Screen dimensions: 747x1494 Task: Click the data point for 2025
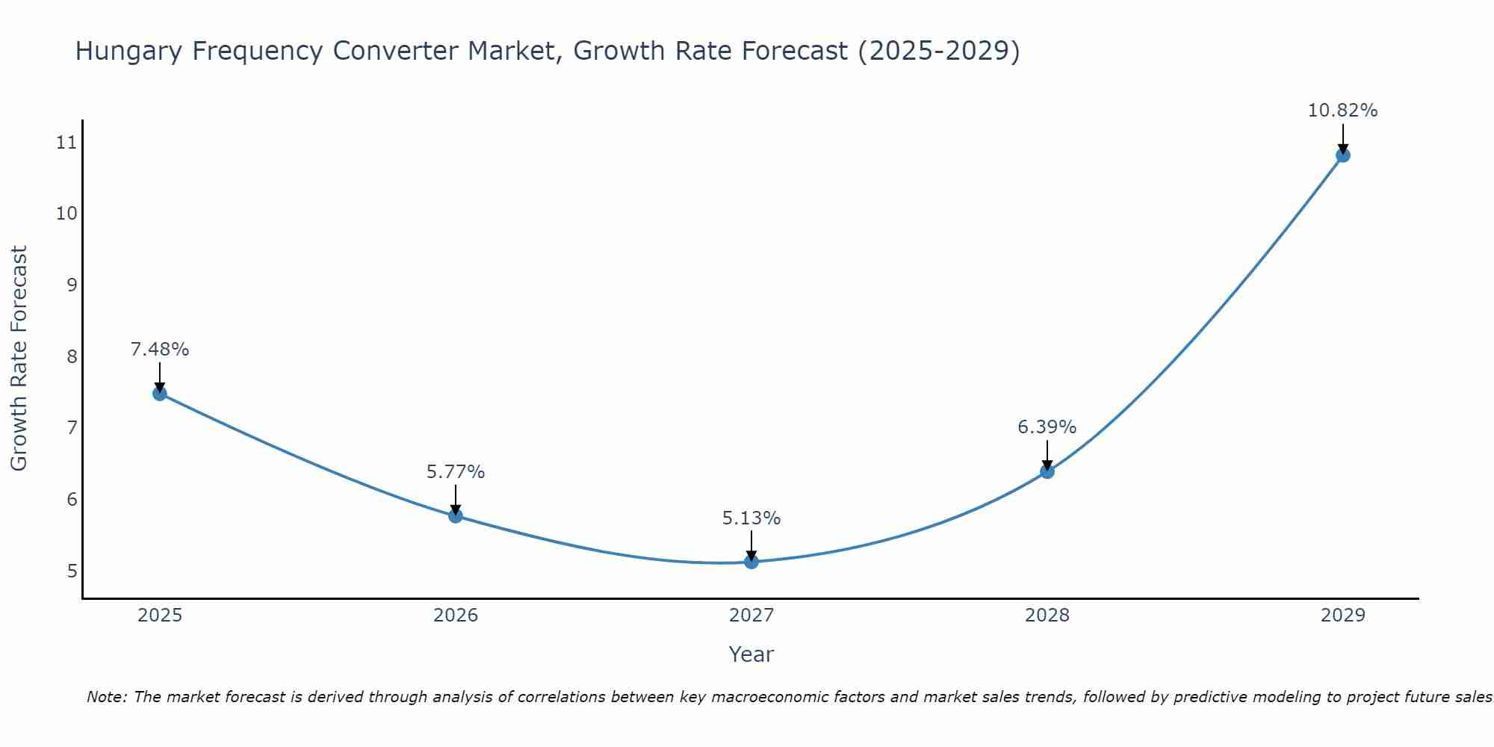point(159,394)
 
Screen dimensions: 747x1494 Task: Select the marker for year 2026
point(456,515)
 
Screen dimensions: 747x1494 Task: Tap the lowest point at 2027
point(751,562)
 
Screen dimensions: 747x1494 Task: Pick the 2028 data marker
point(1047,471)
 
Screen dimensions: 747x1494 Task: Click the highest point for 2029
point(1342,155)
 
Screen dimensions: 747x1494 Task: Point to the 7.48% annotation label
point(160,349)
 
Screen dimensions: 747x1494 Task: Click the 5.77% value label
point(456,472)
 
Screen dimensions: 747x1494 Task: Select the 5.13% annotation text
point(751,518)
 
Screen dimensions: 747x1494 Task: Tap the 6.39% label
point(1047,427)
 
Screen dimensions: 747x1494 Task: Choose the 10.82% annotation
point(1342,111)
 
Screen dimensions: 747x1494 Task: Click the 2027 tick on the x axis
point(751,616)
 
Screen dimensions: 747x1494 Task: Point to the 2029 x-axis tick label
point(1342,616)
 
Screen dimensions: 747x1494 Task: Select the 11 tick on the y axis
point(66,142)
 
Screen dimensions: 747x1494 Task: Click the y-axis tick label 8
point(72,356)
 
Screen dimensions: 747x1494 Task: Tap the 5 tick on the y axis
point(72,571)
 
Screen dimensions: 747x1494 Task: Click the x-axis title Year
point(751,654)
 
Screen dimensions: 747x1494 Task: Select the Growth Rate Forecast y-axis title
point(19,359)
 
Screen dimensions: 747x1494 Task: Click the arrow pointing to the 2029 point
point(1342,138)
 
